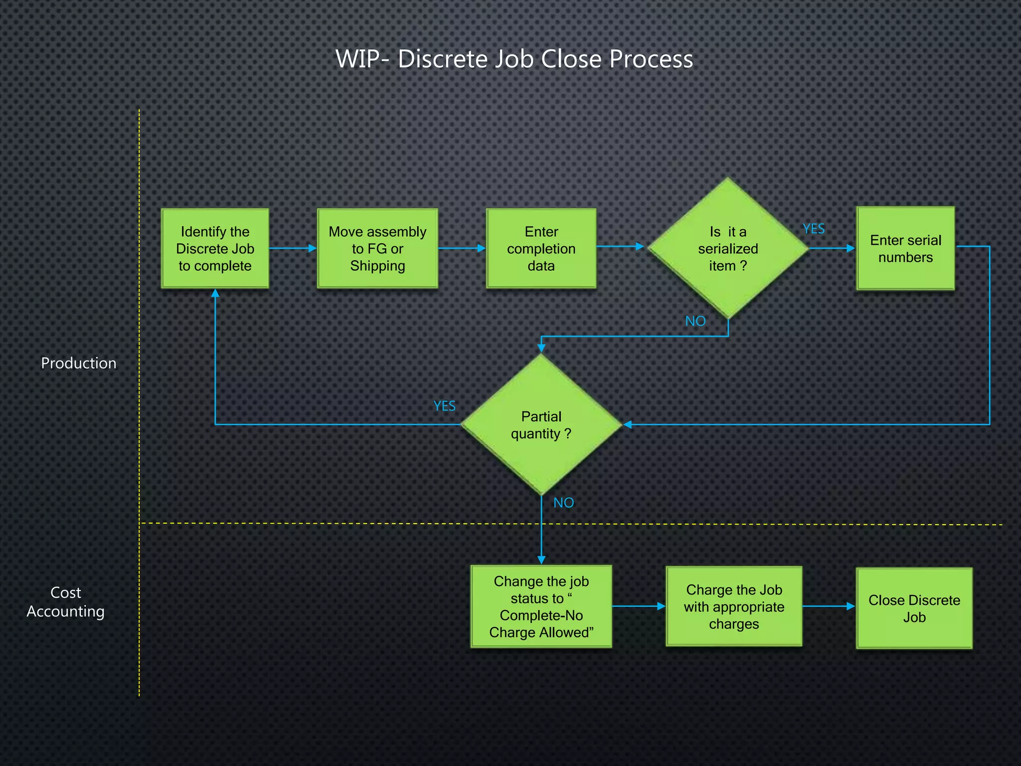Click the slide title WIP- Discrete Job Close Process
(x=514, y=59)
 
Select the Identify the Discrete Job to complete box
(x=215, y=248)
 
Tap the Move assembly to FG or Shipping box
(x=377, y=248)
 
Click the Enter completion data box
(x=541, y=248)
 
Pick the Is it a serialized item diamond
(x=728, y=248)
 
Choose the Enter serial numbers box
(x=905, y=248)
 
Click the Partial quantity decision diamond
(x=541, y=425)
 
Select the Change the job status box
(x=541, y=606)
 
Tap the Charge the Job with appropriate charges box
(x=734, y=606)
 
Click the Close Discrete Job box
(x=914, y=608)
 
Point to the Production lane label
(x=78, y=363)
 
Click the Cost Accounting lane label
(x=65, y=602)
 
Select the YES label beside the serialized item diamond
(x=814, y=229)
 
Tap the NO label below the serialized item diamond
(x=695, y=321)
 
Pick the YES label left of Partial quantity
(x=444, y=406)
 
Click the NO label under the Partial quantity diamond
(x=563, y=503)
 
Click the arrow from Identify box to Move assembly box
(x=293, y=248)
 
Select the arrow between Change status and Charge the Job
(x=639, y=606)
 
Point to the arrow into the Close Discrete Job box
(x=829, y=606)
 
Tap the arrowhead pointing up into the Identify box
(x=215, y=293)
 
